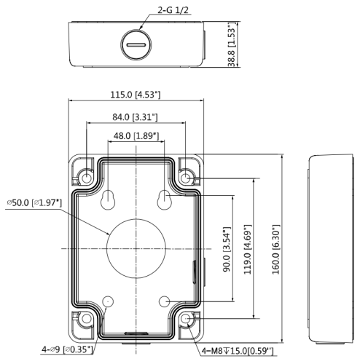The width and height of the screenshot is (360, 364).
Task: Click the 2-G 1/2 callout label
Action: tap(173, 10)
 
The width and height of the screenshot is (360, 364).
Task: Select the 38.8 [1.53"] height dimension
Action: tap(232, 44)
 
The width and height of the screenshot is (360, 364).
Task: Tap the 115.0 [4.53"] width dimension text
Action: tap(136, 95)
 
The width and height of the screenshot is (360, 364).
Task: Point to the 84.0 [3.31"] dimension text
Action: tap(135, 117)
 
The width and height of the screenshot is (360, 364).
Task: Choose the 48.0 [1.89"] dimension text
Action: tap(136, 135)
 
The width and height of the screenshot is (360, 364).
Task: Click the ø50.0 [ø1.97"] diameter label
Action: tap(34, 202)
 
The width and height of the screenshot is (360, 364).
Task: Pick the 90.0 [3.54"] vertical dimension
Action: tap(227, 249)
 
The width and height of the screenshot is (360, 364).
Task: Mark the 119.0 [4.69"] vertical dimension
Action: tap(248, 249)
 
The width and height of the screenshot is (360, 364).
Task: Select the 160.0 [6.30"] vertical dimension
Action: tap(275, 249)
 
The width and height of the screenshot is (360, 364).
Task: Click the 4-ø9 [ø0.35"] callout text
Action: tap(67, 349)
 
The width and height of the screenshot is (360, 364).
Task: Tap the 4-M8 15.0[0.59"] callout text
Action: tap(238, 351)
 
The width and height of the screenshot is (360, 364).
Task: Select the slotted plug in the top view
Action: tap(136, 44)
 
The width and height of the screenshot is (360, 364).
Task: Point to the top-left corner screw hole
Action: tap(86, 179)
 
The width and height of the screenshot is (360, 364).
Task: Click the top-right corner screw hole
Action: tap(186, 178)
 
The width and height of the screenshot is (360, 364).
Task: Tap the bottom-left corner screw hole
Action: tap(86, 319)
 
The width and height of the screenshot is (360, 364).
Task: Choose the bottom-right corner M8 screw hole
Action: tap(186, 319)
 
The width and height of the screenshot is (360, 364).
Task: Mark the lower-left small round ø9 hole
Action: tap(108, 301)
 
